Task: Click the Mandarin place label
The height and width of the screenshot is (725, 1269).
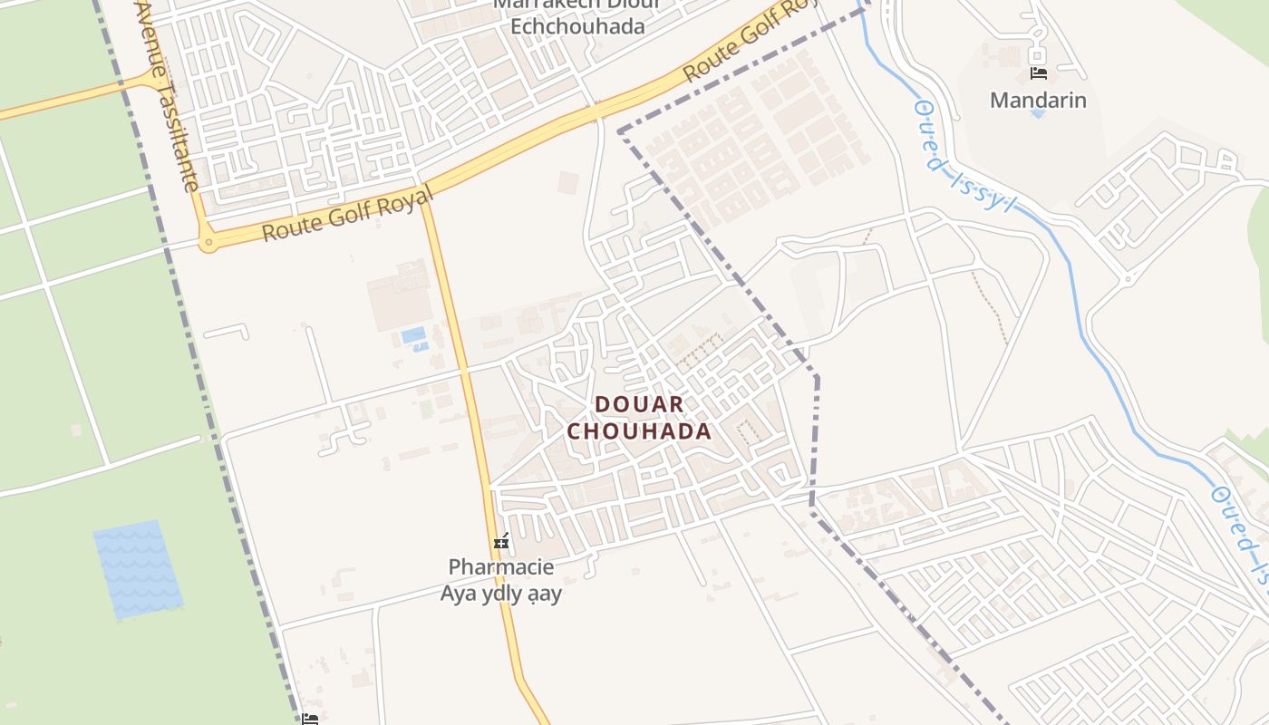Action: pyautogui.click(x=1038, y=100)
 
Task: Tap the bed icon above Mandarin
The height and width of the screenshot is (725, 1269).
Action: pyautogui.click(x=1039, y=73)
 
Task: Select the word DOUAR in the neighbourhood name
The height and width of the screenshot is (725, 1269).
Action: pyautogui.click(x=639, y=404)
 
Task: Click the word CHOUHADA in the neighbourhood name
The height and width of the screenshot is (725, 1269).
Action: pyautogui.click(x=639, y=431)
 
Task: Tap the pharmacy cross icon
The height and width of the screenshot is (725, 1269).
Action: pyautogui.click(x=501, y=542)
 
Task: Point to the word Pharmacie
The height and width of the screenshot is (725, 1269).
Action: pyautogui.click(x=501, y=567)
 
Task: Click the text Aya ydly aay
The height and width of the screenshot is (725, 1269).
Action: pyautogui.click(x=501, y=594)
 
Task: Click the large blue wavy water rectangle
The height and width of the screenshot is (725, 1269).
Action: pyautogui.click(x=137, y=569)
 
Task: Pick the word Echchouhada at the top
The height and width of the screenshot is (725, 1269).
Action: pyautogui.click(x=577, y=25)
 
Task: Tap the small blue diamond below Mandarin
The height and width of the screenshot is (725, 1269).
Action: pyautogui.click(x=1038, y=114)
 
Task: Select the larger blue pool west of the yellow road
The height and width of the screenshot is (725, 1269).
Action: pyautogui.click(x=413, y=334)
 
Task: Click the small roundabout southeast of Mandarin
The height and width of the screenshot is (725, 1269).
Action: pyautogui.click(x=1128, y=278)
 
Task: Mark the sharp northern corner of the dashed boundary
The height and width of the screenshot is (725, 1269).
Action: pyautogui.click(x=620, y=132)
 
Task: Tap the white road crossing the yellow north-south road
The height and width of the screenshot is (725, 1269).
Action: pyautogui.click(x=464, y=371)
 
